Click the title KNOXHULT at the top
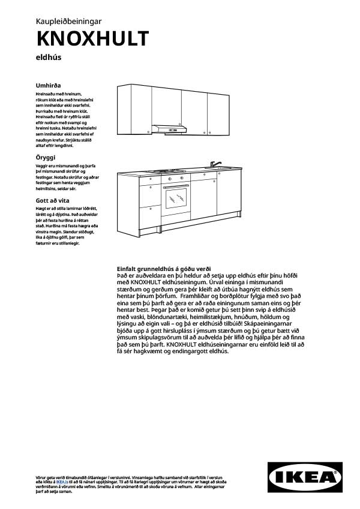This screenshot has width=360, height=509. click(x=92, y=38)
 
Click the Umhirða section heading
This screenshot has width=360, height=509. click(x=49, y=86)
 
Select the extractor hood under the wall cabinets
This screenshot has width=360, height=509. click(x=171, y=128)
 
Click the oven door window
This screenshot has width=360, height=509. click(x=176, y=196)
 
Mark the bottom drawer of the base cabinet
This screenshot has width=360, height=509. click(x=150, y=217)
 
